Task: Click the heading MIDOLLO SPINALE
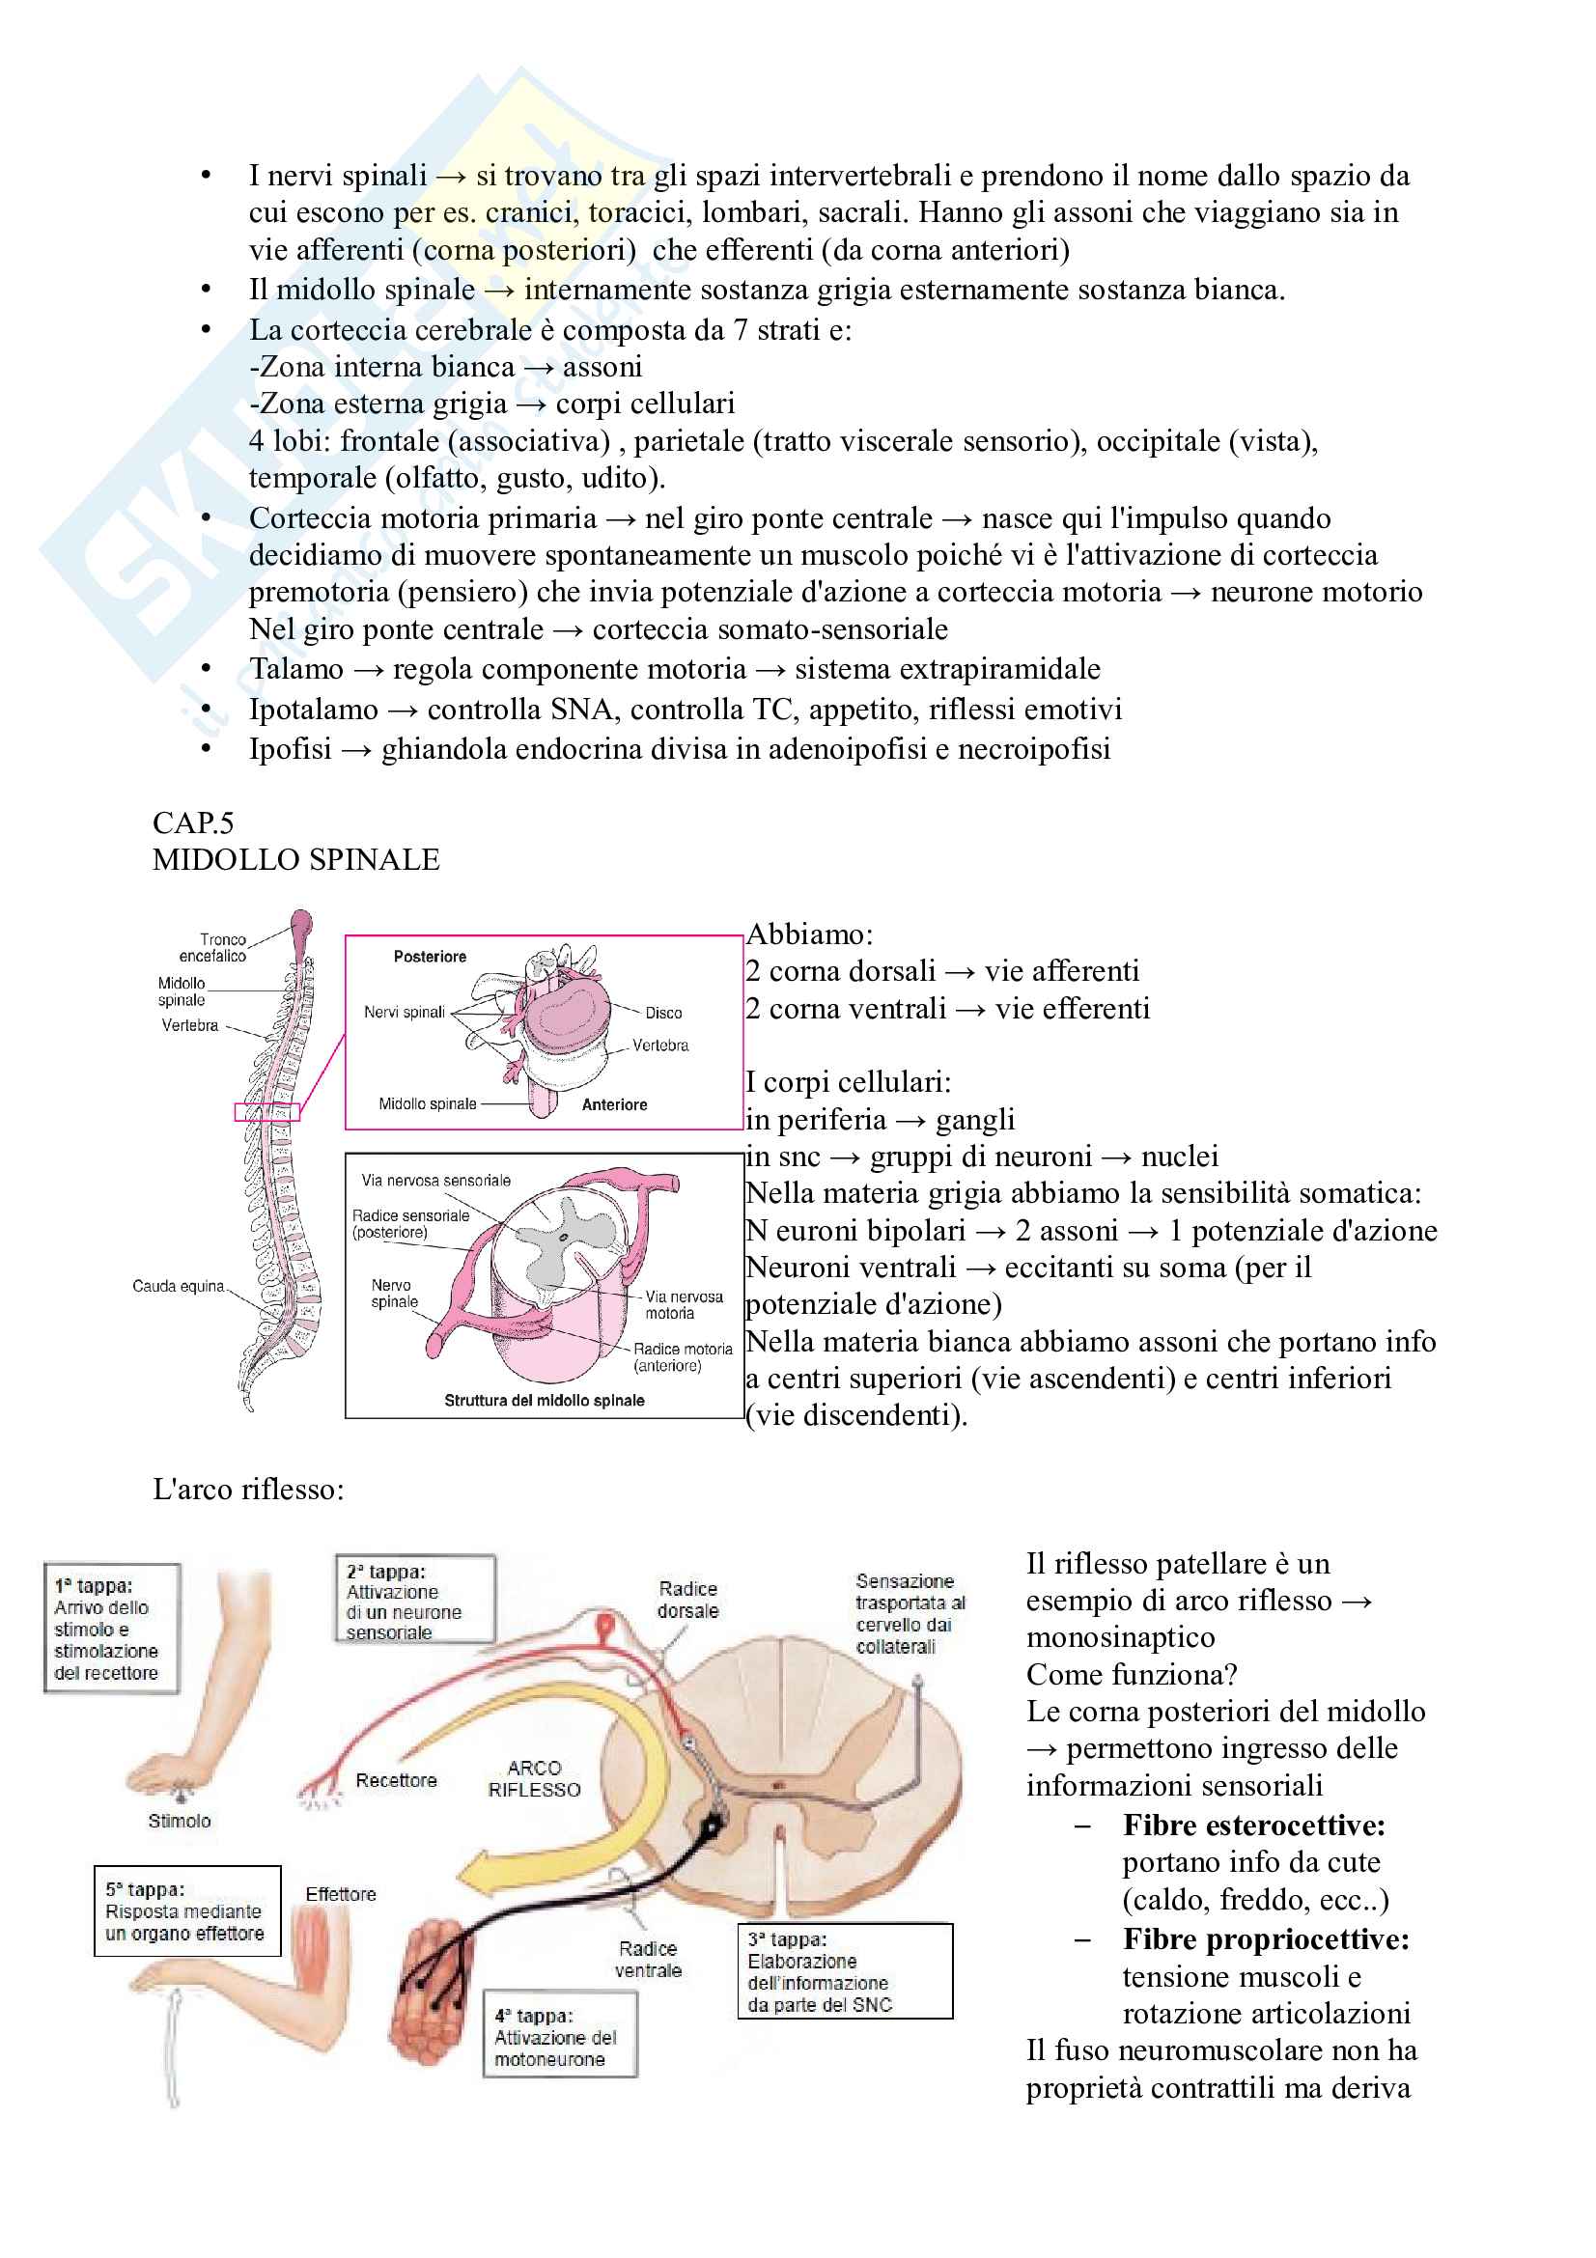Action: pos(296,859)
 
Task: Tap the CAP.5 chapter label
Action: pos(193,822)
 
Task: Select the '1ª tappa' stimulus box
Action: pos(111,1629)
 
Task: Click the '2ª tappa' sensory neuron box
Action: pos(414,1599)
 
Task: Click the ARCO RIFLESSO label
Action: pos(534,1778)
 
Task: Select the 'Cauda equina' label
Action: pos(178,1286)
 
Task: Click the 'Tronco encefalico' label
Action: pos(213,948)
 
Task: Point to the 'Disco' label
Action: pos(662,1013)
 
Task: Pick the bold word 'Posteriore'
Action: pos(430,957)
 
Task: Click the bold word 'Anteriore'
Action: pos(615,1104)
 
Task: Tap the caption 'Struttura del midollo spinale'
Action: pos(544,1401)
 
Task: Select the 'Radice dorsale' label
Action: pos(688,1600)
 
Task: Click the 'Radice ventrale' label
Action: pos(648,1959)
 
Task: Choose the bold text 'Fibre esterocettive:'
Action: pos(1254,1826)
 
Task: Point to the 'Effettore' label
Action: pos(340,1894)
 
